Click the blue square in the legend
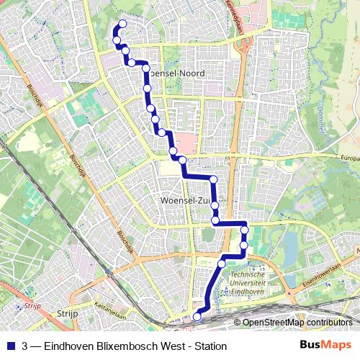pos(10,346)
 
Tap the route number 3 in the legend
pos(26,346)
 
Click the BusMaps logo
pos(322,346)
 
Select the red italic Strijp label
pos(30,305)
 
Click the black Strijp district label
pos(67,314)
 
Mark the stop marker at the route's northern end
pos(122,24)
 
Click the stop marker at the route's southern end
pos(197,314)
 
